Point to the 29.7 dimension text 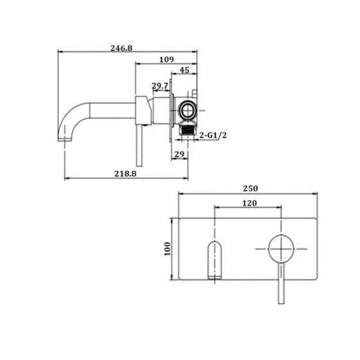click(x=159, y=86)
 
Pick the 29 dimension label click(x=179, y=155)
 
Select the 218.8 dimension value click(x=126, y=173)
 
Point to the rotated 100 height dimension click(x=168, y=250)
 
